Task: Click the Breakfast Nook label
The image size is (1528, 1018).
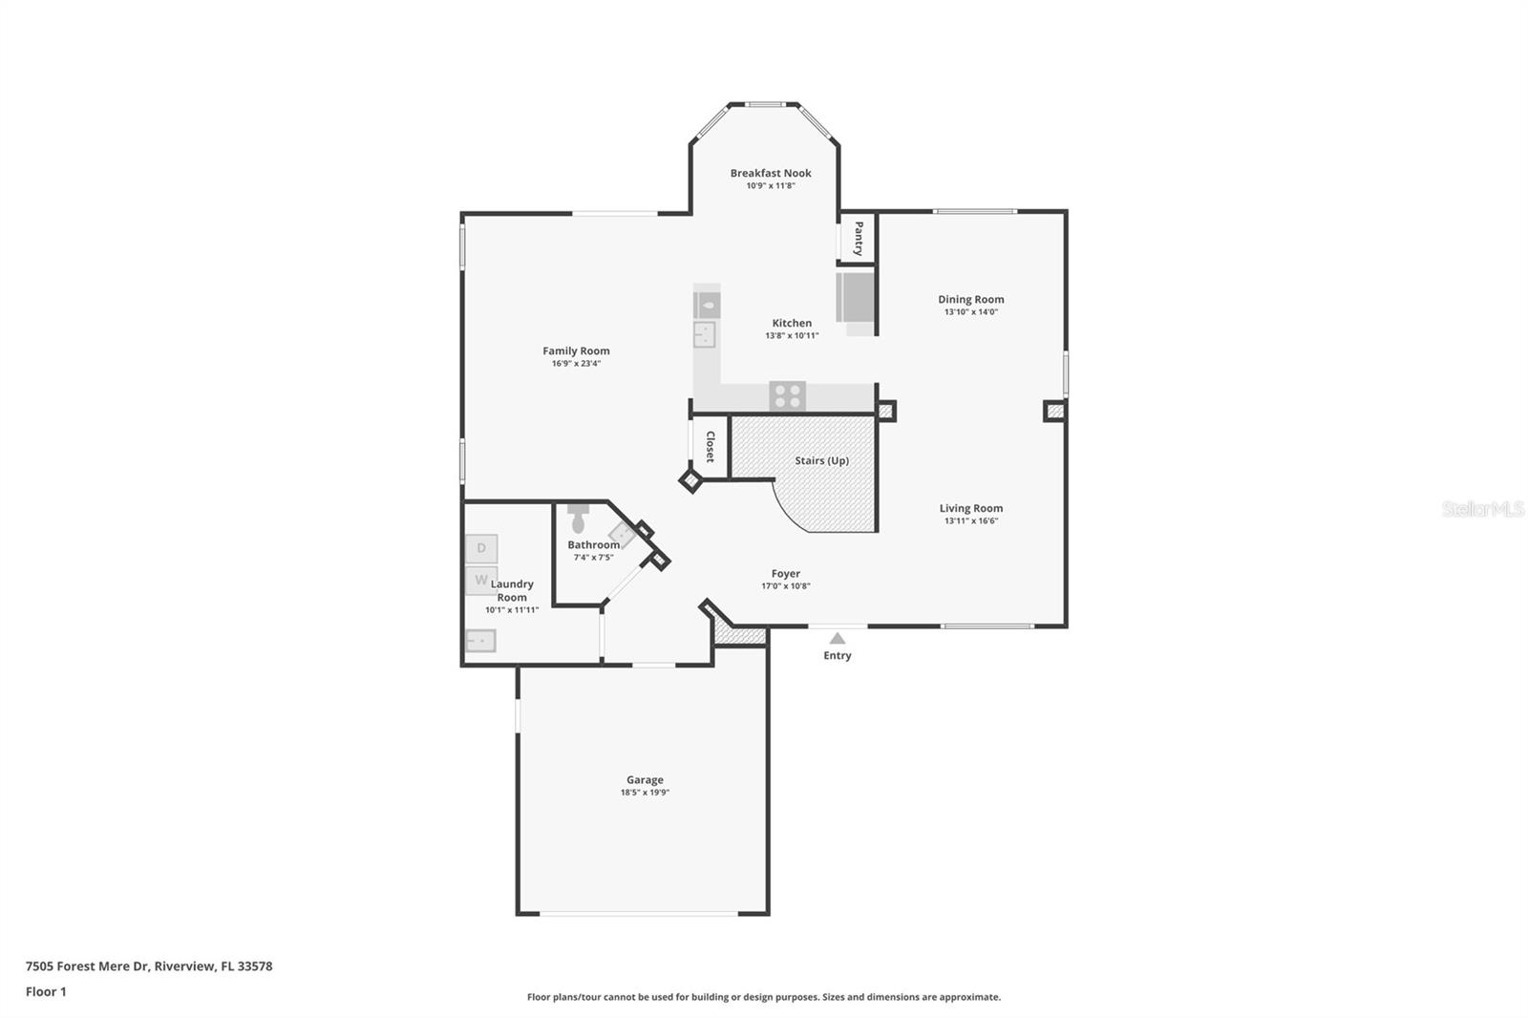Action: [x=771, y=173]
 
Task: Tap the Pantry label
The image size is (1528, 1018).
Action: [x=858, y=238]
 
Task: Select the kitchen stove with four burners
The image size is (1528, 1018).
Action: [x=788, y=395]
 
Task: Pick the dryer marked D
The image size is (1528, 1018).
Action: [x=481, y=548]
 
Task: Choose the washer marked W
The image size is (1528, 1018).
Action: [x=481, y=580]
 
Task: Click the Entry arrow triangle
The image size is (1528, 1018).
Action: [x=838, y=638]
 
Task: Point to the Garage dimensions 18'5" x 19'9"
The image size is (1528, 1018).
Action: [x=645, y=793]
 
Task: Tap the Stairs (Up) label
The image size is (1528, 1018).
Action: [x=821, y=460]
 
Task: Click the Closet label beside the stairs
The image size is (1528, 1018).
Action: [x=710, y=447]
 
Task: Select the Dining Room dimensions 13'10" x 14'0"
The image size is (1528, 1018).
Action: [x=970, y=312]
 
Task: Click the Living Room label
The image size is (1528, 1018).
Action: [x=970, y=508]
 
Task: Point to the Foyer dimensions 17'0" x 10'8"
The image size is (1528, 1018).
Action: [x=785, y=586]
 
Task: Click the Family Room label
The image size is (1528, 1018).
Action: [x=576, y=350]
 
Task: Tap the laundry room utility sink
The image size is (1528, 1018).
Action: [x=480, y=641]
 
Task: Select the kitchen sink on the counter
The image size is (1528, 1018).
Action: [x=705, y=334]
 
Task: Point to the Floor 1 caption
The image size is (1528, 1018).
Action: [x=46, y=991]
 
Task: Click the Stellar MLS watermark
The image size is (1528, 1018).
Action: [x=1482, y=509]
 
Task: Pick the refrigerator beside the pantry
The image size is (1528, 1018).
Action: [x=856, y=298]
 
